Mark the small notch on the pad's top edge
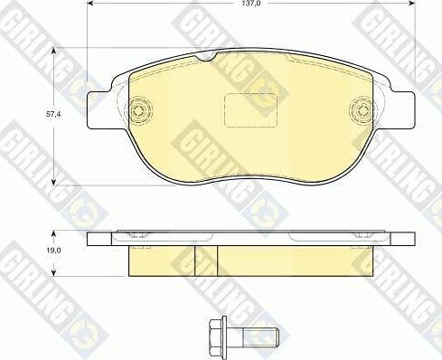[x=207, y=59]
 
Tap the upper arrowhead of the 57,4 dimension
[x=54, y=53]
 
